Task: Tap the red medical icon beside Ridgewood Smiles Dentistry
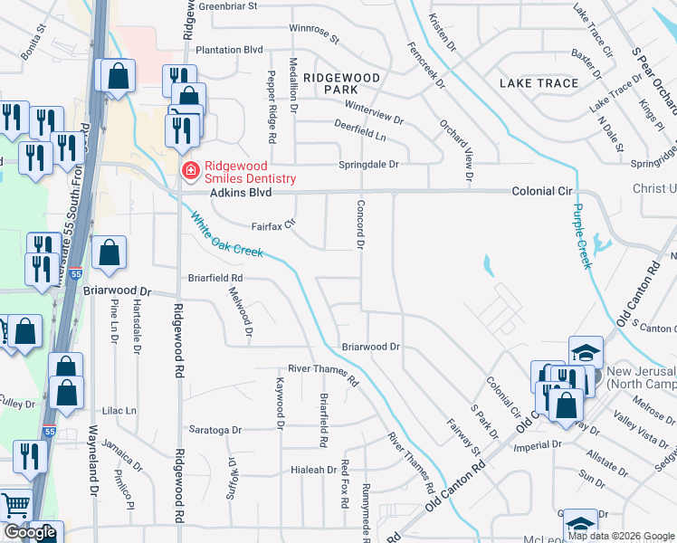pos(191,170)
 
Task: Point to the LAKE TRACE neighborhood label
pos(539,83)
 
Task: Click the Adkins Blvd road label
pos(216,193)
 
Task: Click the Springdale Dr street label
pos(368,165)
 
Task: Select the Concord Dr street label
pos(359,224)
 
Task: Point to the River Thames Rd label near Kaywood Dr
pos(323,374)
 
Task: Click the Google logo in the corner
pos(30,532)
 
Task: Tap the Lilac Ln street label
pos(119,410)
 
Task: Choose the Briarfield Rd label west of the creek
pos(215,278)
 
